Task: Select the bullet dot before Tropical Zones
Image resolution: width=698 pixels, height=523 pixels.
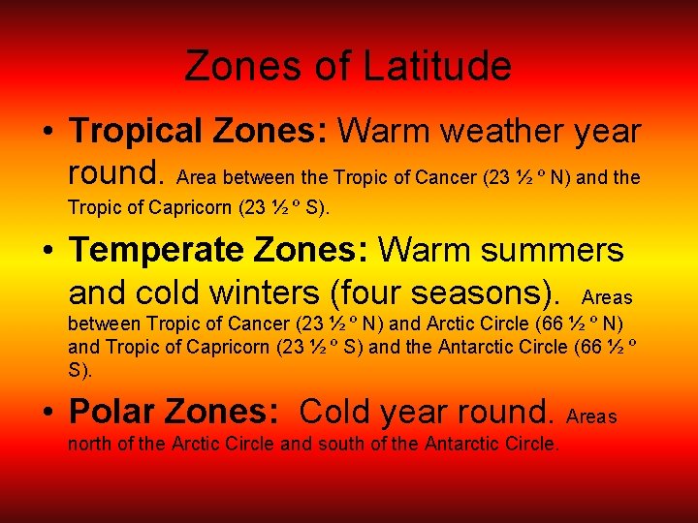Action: click(x=48, y=132)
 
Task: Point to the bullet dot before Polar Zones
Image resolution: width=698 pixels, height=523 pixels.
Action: click(x=48, y=413)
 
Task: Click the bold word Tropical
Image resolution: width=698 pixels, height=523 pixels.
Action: click(x=142, y=130)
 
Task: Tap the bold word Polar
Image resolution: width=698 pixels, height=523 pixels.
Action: click(x=113, y=412)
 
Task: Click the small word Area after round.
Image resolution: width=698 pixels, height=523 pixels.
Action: click(x=198, y=176)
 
